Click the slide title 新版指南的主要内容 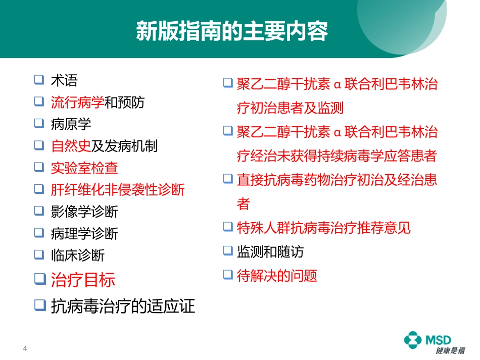(232, 31)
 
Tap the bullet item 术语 (64, 80)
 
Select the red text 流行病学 (77, 102)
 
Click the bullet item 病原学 (71, 124)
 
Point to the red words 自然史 (71, 146)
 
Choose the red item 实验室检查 (84, 168)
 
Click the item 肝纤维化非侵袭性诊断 (118, 190)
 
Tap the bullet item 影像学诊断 (84, 212)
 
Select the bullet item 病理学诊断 (84, 233)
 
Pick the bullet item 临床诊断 (77, 255)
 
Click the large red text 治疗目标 (83, 280)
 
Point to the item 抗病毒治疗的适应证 (123, 305)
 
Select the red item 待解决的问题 (277, 275)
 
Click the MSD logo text (438, 340)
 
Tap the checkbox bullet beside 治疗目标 (40, 278)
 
